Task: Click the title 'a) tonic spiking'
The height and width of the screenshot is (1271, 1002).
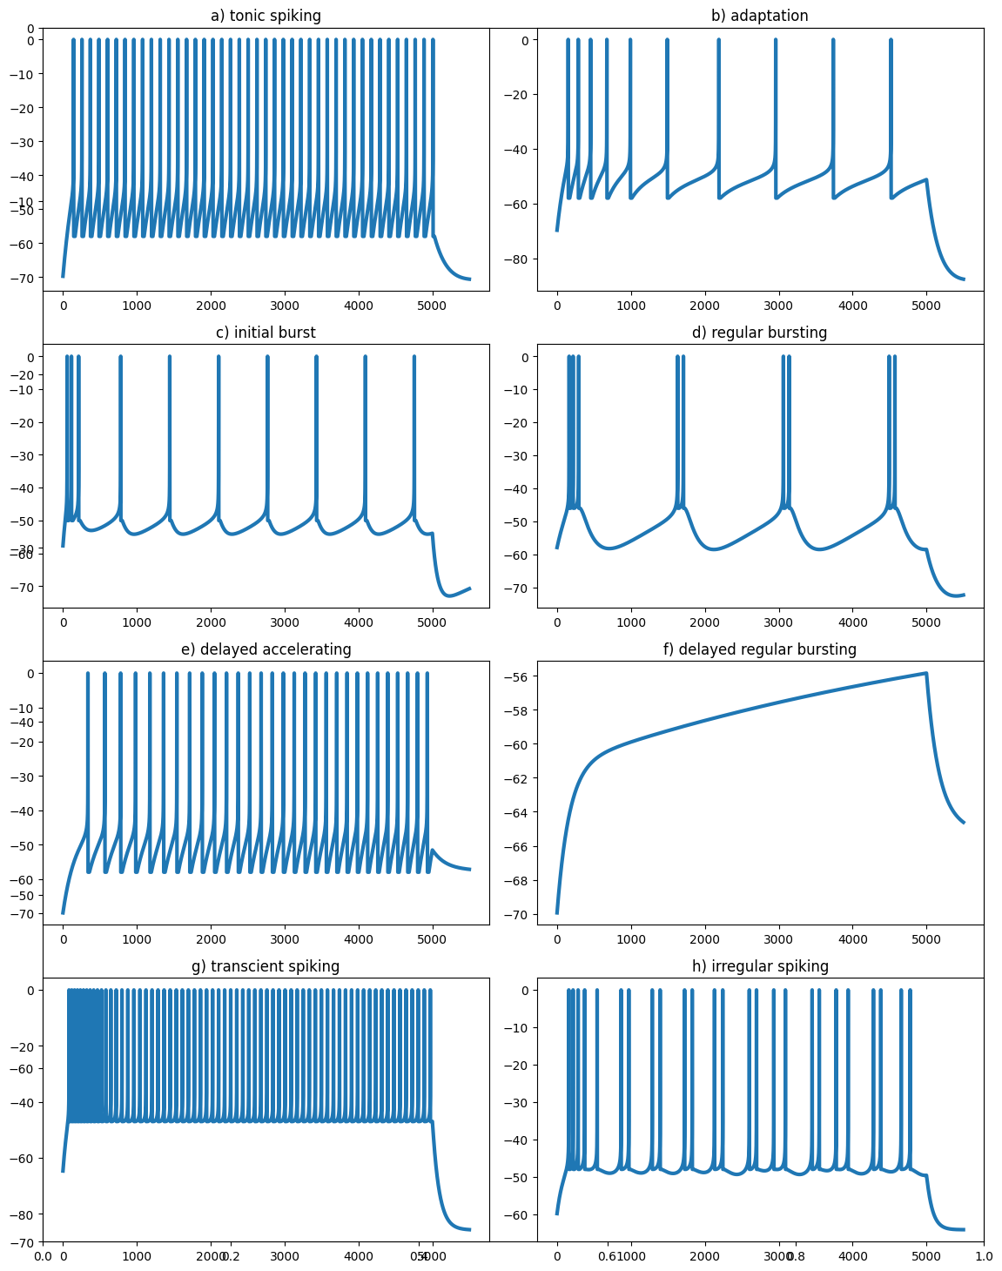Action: click(x=266, y=16)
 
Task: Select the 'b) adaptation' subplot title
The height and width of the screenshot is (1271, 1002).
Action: click(x=760, y=16)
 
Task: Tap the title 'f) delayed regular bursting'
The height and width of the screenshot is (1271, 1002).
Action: click(x=760, y=649)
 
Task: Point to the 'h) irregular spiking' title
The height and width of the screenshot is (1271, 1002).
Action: click(x=760, y=966)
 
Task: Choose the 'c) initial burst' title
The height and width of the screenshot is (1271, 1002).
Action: click(x=266, y=333)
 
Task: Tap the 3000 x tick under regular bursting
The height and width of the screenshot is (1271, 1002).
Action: click(x=778, y=622)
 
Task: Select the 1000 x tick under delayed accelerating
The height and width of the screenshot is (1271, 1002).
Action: click(x=137, y=939)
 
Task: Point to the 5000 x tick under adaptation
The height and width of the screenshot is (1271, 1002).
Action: click(x=926, y=306)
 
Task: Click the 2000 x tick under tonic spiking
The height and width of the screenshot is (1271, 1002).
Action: click(x=211, y=306)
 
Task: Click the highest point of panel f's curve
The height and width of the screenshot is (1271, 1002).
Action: click(x=925, y=673)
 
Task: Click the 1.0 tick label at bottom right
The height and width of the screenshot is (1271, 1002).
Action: click(x=984, y=1256)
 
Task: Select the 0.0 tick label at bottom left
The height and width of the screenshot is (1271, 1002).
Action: click(x=43, y=1256)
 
